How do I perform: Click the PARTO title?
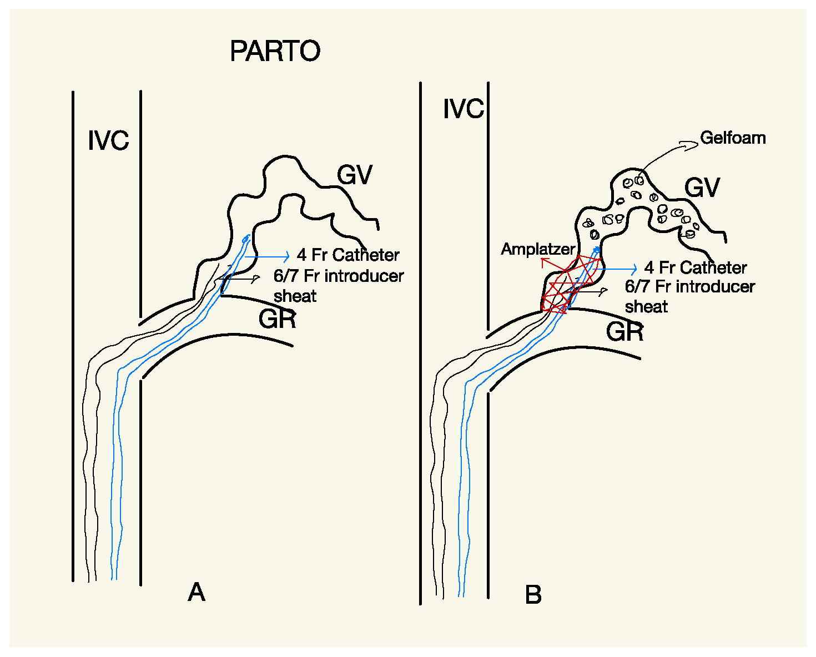(x=275, y=51)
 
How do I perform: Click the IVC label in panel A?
(x=108, y=140)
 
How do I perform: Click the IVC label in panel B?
(x=464, y=109)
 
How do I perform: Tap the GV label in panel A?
(x=355, y=175)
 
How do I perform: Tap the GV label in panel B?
(x=702, y=188)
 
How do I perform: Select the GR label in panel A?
(x=277, y=319)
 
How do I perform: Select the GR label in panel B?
(x=625, y=332)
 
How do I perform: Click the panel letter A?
(x=197, y=593)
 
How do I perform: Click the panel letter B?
(x=533, y=595)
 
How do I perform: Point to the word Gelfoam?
(x=733, y=138)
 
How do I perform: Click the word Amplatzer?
(x=538, y=249)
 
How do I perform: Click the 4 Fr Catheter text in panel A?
(x=348, y=255)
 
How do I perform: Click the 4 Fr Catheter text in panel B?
(x=696, y=268)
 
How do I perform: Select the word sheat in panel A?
(x=295, y=296)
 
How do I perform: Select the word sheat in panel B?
(x=646, y=307)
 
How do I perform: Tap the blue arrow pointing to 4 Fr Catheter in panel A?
(x=268, y=256)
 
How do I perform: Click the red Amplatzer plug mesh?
(x=566, y=286)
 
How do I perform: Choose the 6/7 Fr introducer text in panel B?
(x=690, y=287)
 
